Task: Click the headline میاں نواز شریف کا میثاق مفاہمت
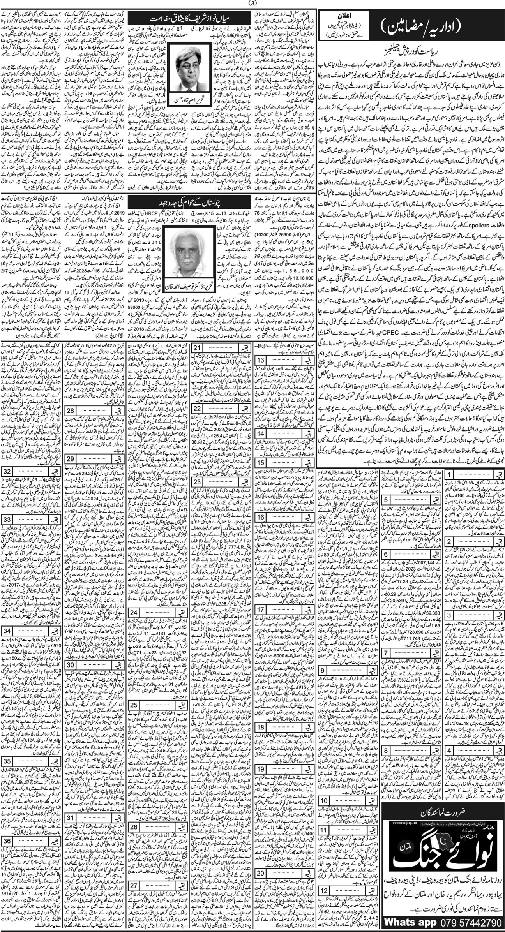(190, 19)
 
